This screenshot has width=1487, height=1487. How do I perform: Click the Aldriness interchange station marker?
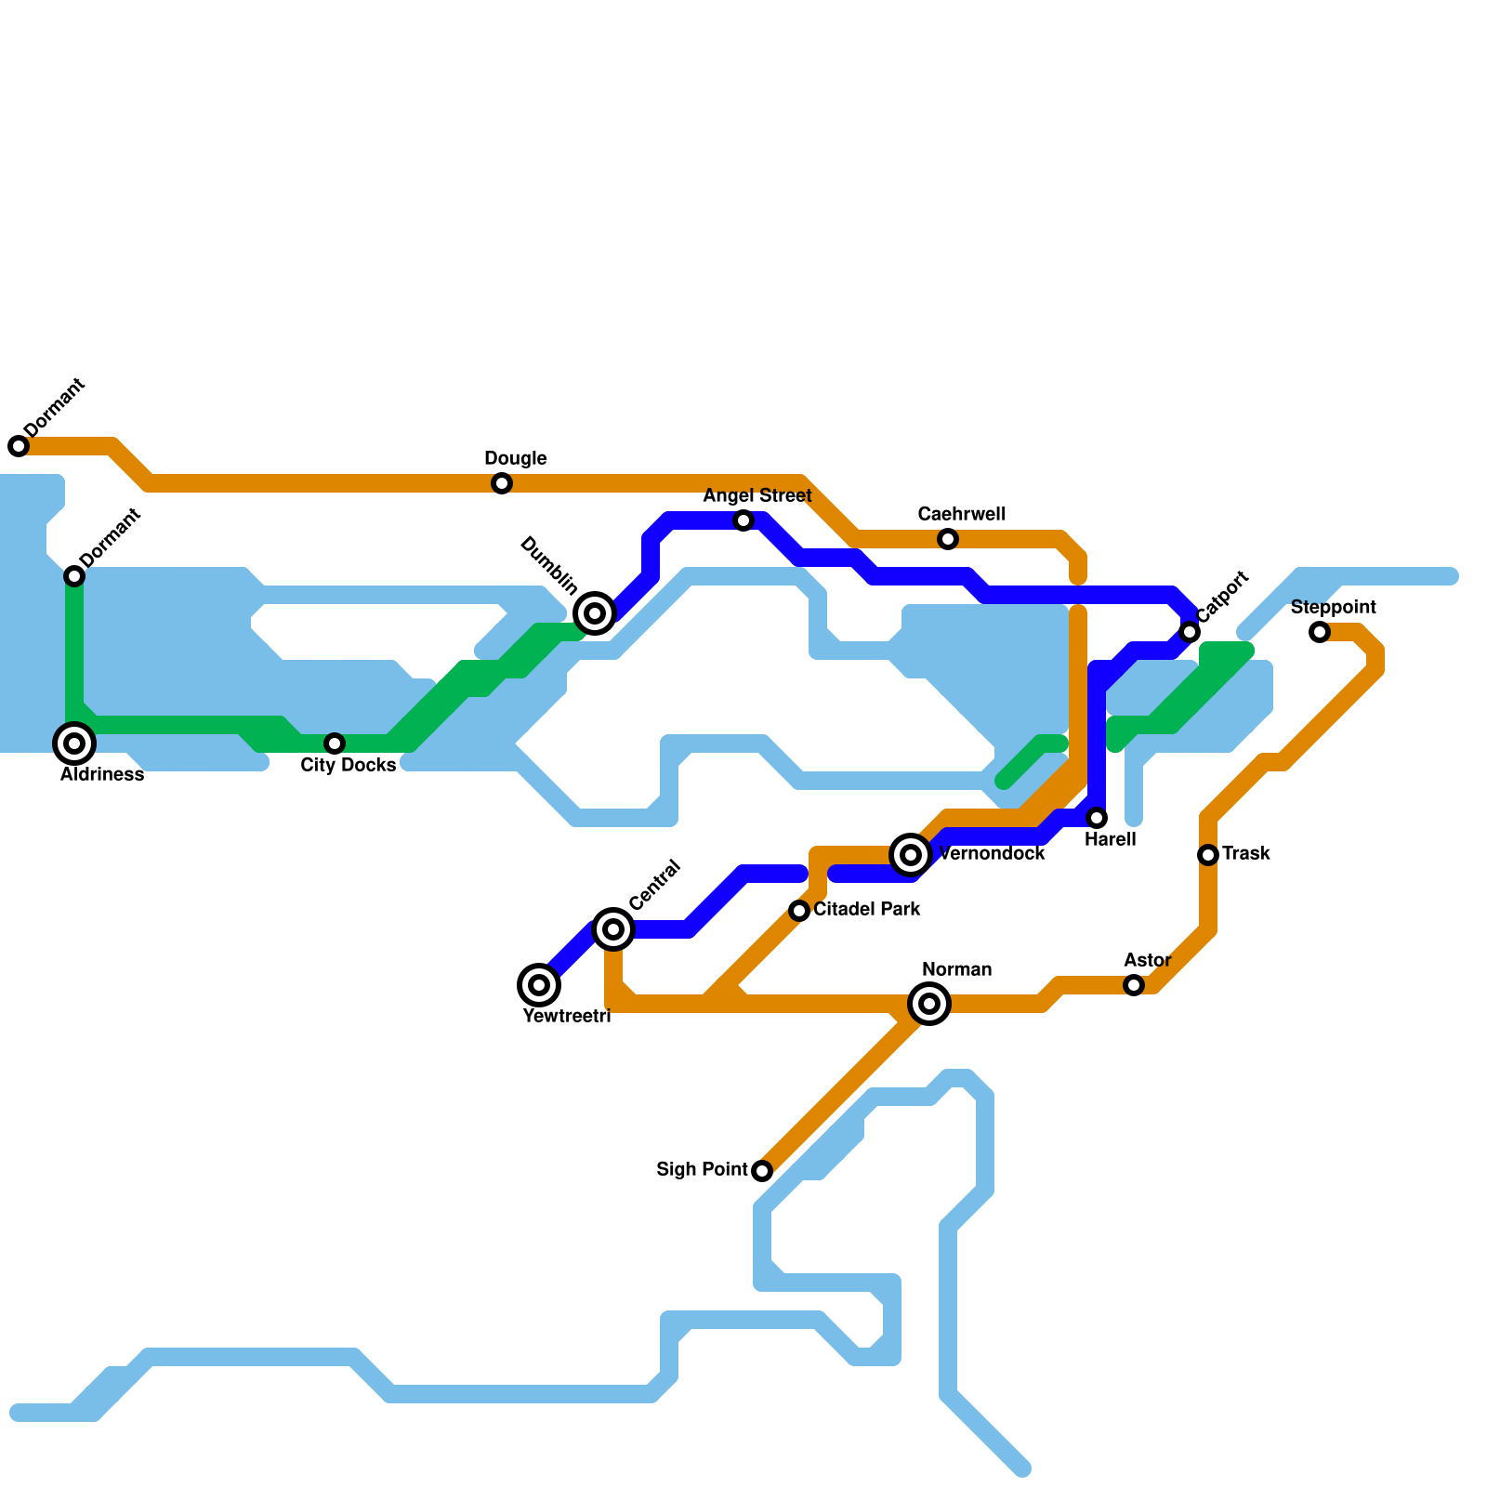click(74, 743)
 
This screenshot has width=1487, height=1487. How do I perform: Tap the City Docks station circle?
click(335, 743)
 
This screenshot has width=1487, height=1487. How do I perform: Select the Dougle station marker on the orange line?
click(502, 483)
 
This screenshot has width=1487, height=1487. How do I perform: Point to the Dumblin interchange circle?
click(595, 613)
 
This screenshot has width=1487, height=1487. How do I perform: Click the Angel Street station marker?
click(743, 520)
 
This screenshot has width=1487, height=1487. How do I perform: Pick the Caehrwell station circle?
click(948, 539)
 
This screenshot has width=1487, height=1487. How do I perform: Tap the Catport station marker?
click(1190, 632)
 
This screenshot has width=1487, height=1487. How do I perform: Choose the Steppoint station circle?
click(1320, 632)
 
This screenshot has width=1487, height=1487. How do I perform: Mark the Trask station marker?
click(1208, 855)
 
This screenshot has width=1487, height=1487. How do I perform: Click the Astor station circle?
click(1134, 985)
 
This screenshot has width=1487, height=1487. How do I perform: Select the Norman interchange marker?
click(929, 1004)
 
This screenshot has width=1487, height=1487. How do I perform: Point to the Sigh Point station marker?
click(762, 1171)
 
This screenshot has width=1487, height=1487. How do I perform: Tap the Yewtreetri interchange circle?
click(539, 985)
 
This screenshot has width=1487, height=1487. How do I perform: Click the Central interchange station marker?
click(613, 929)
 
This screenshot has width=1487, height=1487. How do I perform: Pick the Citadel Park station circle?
click(799, 911)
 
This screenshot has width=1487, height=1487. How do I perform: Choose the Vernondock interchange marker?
click(911, 855)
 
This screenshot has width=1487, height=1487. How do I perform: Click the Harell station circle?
click(1097, 818)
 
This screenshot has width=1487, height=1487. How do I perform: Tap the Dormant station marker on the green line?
click(74, 576)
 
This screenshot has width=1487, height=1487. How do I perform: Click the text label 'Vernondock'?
click(992, 854)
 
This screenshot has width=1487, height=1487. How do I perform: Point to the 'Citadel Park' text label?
click(866, 910)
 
